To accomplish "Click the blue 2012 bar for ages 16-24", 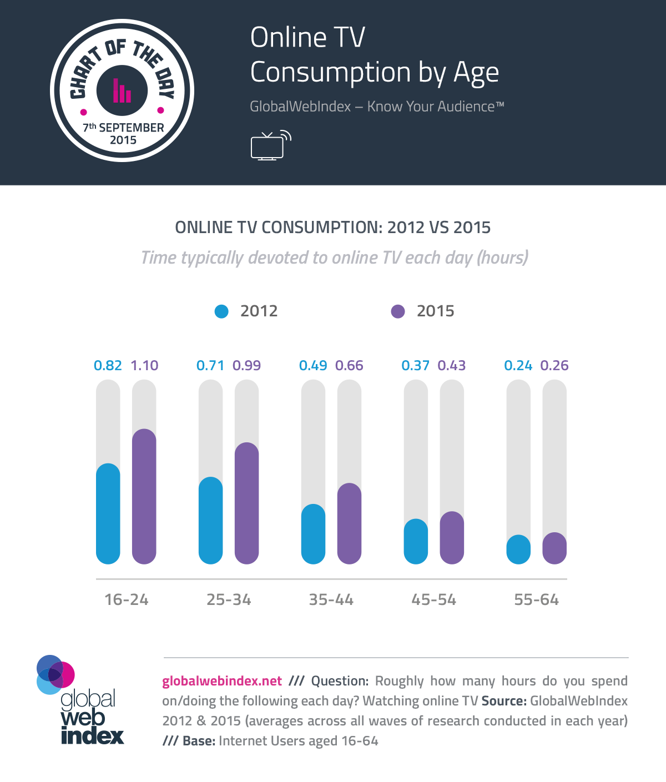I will pyautogui.click(x=108, y=513).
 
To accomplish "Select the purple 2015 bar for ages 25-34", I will pyautogui.click(x=246, y=503).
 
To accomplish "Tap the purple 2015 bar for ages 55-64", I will pyautogui.click(x=554, y=548).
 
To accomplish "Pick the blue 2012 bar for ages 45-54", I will pyautogui.click(x=416, y=541).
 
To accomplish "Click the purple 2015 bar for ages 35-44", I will pyautogui.click(x=349, y=523).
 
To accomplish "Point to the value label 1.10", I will pyautogui.click(x=144, y=366).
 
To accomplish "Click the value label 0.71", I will pyautogui.click(x=210, y=366).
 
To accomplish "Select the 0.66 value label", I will pyautogui.click(x=349, y=366).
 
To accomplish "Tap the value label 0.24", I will pyautogui.click(x=518, y=366).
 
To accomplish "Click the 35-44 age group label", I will pyautogui.click(x=331, y=600).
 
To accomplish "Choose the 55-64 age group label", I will pyautogui.click(x=536, y=600).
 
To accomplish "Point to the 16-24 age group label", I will pyautogui.click(x=127, y=600).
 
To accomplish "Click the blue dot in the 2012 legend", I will pyautogui.click(x=221, y=311).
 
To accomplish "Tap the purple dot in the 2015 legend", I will pyautogui.click(x=398, y=311).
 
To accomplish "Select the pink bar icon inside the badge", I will pyautogui.click(x=122, y=91).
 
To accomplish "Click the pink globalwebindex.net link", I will pyautogui.click(x=222, y=681).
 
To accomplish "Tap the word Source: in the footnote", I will pyautogui.click(x=504, y=701).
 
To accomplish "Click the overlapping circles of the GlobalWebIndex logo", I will pyautogui.click(x=55, y=674).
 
